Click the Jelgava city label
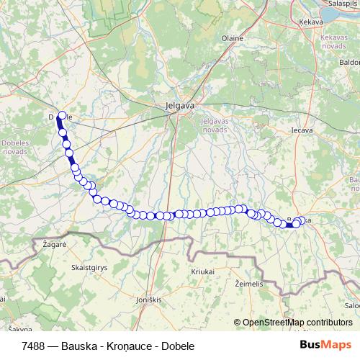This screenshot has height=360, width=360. click(176, 106)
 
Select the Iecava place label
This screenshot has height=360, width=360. click(301, 130)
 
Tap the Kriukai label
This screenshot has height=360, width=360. click(203, 271)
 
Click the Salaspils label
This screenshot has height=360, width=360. click(343, 4)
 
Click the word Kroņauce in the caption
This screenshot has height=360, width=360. click(127, 346)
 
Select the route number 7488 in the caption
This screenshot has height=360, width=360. click(35, 346)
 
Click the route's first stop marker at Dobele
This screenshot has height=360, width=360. click(62, 115)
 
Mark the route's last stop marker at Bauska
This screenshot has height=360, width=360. click(295, 224)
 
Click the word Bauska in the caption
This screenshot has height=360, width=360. click(77, 346)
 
